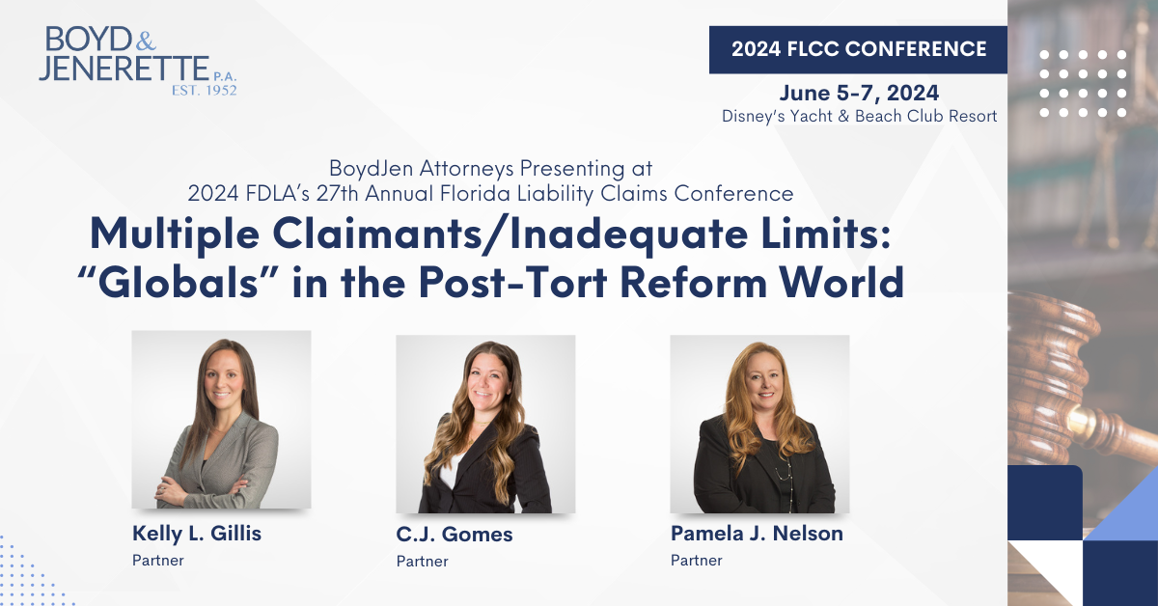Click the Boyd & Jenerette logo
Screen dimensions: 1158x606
point(137,61)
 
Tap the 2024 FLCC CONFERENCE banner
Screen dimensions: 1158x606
point(858,49)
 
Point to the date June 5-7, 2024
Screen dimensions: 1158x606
point(859,93)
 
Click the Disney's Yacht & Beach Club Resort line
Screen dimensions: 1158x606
point(859,116)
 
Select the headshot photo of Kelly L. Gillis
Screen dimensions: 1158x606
point(221,420)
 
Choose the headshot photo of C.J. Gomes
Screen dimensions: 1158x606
point(485,424)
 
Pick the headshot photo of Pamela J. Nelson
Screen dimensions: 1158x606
point(760,424)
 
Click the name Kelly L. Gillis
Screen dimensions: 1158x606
point(197,533)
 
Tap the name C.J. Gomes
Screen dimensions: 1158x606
point(455,535)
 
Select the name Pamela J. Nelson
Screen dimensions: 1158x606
point(757,533)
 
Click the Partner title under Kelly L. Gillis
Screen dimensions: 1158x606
point(158,561)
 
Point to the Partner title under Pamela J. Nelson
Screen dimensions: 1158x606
point(697,561)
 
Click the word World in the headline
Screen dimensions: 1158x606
point(841,283)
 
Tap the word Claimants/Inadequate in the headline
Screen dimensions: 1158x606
point(510,235)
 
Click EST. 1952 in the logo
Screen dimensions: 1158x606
point(205,91)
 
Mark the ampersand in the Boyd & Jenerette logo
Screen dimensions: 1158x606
point(147,41)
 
